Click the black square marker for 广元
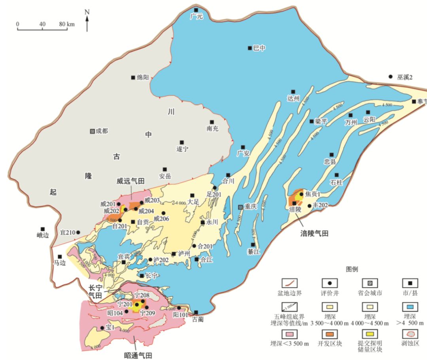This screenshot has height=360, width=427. [196, 10]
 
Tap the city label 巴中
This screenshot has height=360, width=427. [259, 48]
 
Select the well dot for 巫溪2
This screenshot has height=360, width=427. [390, 76]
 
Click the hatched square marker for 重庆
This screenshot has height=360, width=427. [240, 207]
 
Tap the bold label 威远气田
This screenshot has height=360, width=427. [130, 181]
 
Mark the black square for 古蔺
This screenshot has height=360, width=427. [196, 312]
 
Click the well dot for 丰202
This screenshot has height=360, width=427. [309, 205]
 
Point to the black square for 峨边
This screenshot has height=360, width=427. [43, 229]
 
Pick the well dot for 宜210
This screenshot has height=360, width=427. [78, 232]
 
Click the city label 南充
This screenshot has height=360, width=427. [212, 129]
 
